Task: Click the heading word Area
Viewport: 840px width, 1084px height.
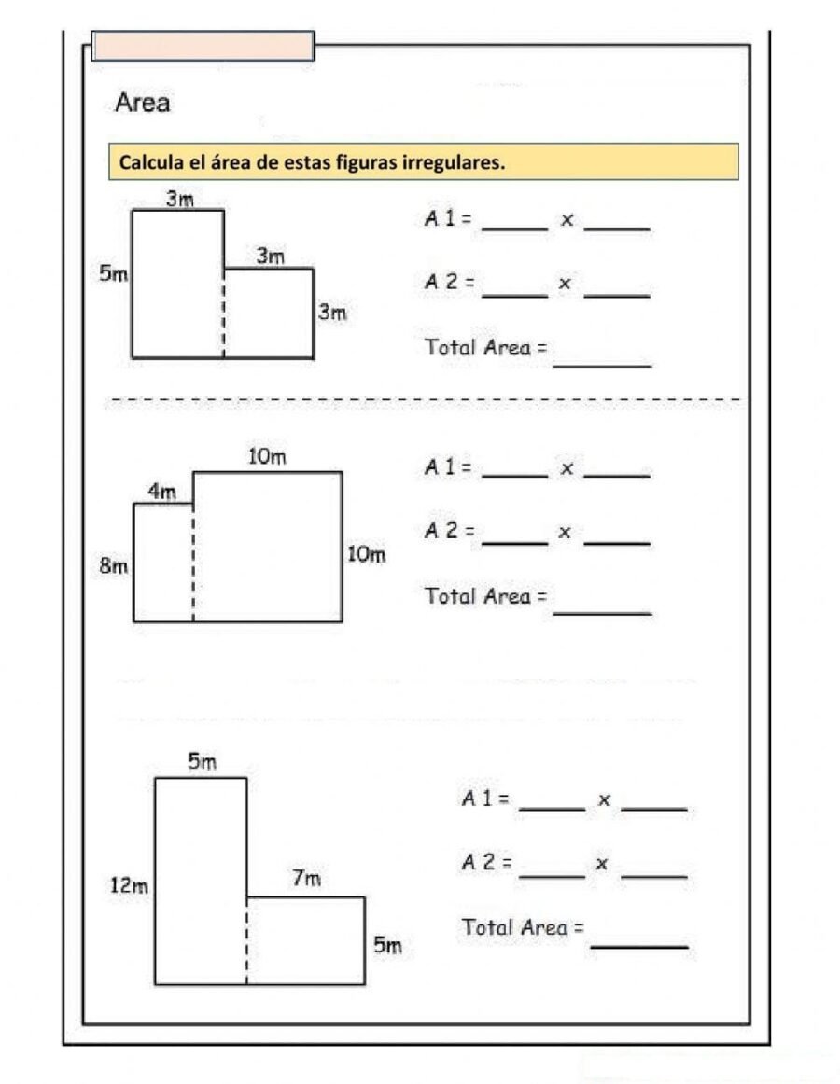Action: point(142,103)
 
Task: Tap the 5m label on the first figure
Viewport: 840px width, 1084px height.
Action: point(113,274)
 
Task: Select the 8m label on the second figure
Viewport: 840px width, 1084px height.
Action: point(113,566)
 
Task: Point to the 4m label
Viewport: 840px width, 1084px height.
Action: point(161,491)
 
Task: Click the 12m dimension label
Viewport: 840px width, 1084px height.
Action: point(129,886)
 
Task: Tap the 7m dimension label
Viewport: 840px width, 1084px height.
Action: point(306,878)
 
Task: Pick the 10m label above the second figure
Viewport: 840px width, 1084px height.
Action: point(267,456)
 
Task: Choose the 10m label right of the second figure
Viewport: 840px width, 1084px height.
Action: point(366,554)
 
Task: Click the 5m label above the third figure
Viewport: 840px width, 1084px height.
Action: point(202,762)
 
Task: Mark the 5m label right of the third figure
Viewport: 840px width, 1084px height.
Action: point(387,945)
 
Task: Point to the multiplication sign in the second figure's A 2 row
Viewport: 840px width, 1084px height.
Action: point(565,532)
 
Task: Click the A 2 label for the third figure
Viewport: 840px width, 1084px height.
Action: point(486,862)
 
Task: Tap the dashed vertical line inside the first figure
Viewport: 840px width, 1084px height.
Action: point(223,313)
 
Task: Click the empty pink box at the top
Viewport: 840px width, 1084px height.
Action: point(203,46)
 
